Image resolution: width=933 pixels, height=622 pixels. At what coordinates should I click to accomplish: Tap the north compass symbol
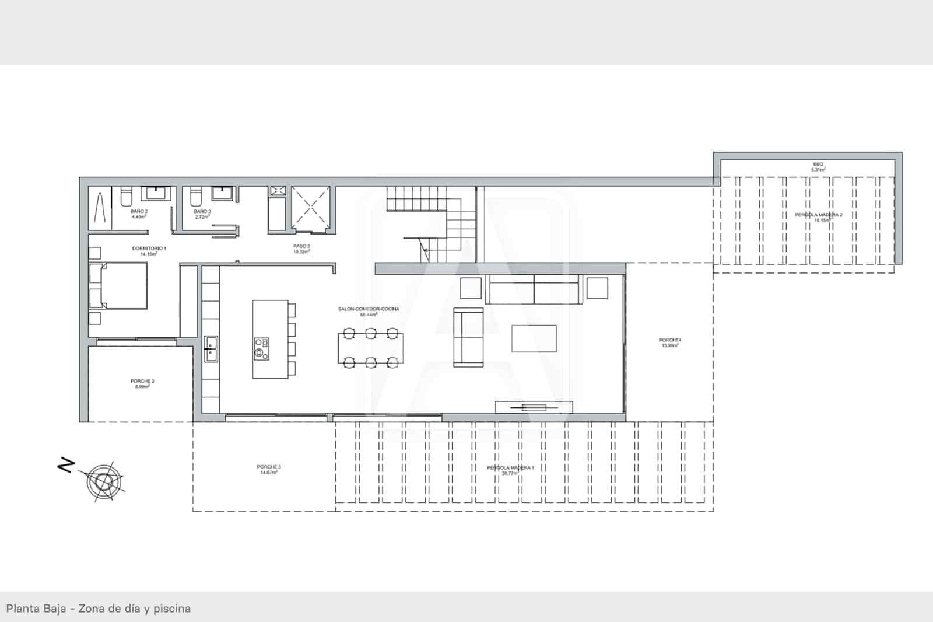tap(103, 481)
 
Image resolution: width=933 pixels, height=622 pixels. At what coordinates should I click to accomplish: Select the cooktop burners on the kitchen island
tap(262, 349)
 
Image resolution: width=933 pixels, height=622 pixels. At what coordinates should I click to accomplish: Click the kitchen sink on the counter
tap(211, 349)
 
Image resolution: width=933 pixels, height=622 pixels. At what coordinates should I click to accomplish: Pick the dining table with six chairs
tap(370, 348)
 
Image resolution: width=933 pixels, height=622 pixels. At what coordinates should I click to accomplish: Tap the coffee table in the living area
tap(534, 339)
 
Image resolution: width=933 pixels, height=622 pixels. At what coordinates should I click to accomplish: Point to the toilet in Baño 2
tap(125, 196)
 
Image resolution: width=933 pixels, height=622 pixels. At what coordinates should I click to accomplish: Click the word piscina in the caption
tap(172, 609)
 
